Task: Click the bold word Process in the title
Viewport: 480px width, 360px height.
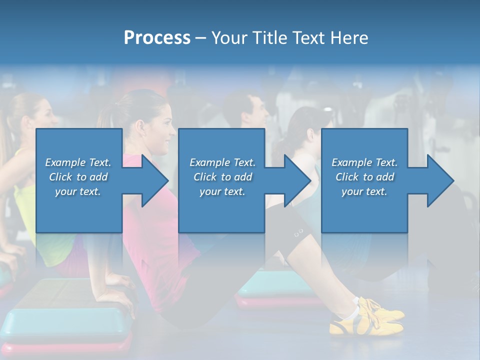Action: [157, 38]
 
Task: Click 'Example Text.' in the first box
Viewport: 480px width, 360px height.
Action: [78, 162]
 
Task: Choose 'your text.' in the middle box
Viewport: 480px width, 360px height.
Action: [222, 191]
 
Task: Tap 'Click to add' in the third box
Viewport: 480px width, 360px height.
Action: [364, 177]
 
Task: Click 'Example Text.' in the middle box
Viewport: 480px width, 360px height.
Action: [222, 162]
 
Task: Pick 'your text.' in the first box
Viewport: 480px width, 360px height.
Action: [78, 191]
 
